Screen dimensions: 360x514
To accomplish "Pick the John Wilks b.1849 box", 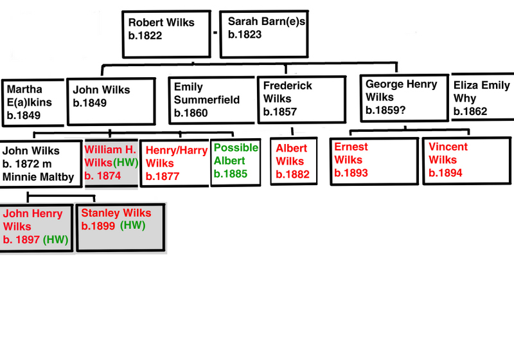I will pos(111,101).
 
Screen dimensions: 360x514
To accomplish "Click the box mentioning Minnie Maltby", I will pos(40,164).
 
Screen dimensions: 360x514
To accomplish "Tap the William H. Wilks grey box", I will pos(111,164).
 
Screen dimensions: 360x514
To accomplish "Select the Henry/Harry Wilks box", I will pos(175,163).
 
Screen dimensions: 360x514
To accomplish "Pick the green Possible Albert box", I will pos(236,163).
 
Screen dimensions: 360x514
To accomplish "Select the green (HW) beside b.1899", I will pos(134,226).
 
